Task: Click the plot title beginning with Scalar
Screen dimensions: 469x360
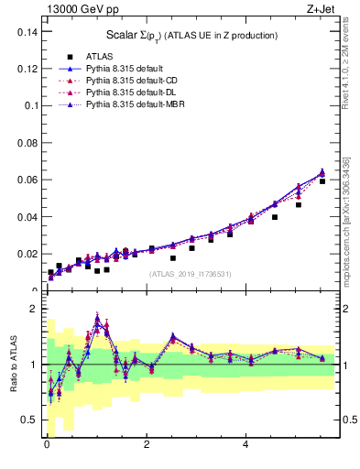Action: [x=191, y=35]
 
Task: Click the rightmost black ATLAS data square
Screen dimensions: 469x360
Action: [x=322, y=181]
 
